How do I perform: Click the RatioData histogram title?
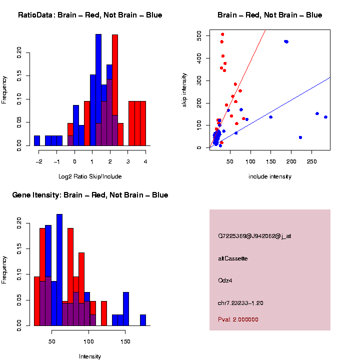90,15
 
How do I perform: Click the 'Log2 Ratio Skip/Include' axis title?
90,176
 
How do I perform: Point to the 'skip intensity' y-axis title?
184,88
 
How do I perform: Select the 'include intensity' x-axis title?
269,176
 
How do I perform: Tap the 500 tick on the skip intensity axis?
199,36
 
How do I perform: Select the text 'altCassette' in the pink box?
233,258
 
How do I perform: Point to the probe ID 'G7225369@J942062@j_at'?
254,236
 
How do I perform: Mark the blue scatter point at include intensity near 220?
300,137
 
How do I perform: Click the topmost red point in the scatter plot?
222,34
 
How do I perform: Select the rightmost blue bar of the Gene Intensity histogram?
143,320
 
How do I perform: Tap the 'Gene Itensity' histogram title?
90,195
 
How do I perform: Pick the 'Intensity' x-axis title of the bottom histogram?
90,356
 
